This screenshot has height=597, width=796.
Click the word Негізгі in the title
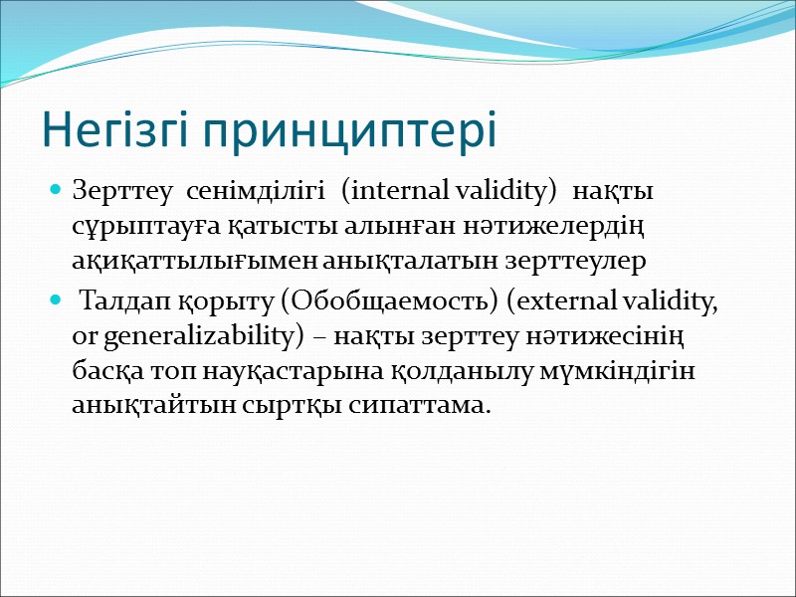point(112,131)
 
